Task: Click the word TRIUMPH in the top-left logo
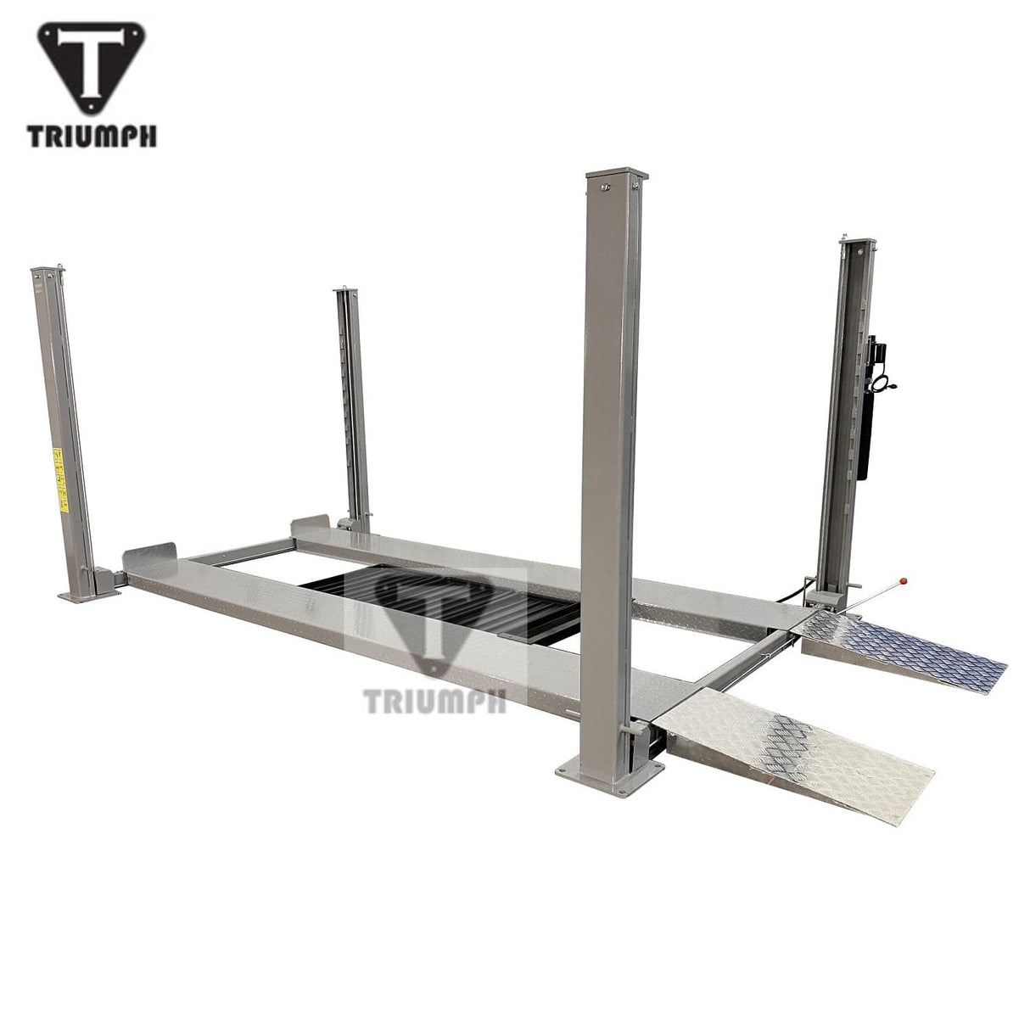click(92, 136)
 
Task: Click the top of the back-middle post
click(343, 293)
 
